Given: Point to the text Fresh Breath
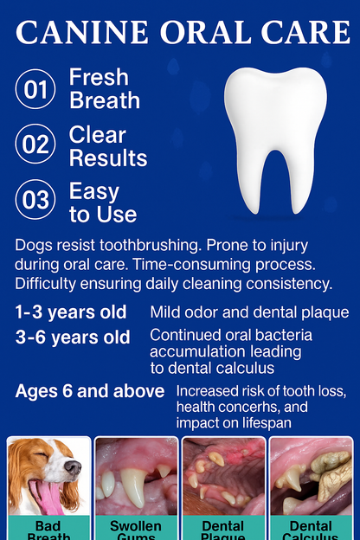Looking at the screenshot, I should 105,88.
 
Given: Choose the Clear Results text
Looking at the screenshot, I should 108,146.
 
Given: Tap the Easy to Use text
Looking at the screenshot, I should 103,202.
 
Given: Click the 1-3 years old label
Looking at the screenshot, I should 71,312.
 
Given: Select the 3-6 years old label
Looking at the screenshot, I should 73,337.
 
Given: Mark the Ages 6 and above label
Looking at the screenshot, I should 90,391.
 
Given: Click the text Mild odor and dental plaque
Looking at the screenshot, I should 249,312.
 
